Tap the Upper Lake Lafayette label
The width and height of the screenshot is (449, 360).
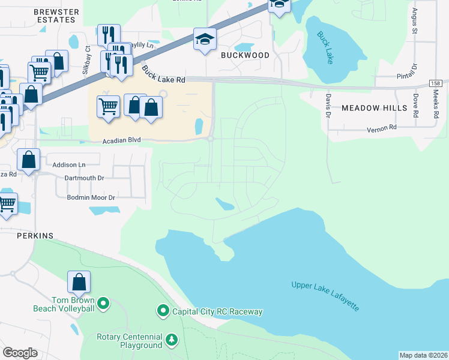[x=326, y=296]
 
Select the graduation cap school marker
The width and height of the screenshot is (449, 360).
[x=205, y=40]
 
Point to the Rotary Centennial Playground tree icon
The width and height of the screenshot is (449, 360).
[x=172, y=340]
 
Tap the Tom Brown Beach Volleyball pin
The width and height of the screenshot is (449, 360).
[x=103, y=304]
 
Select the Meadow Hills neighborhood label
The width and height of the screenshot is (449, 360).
[x=374, y=109]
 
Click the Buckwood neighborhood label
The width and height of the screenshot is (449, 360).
[x=244, y=55]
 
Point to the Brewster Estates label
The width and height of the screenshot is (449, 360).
[x=56, y=16]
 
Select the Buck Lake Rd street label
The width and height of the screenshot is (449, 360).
[x=163, y=76]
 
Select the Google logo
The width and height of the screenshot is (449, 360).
[x=20, y=352]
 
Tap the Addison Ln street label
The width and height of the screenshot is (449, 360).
[x=69, y=164]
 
